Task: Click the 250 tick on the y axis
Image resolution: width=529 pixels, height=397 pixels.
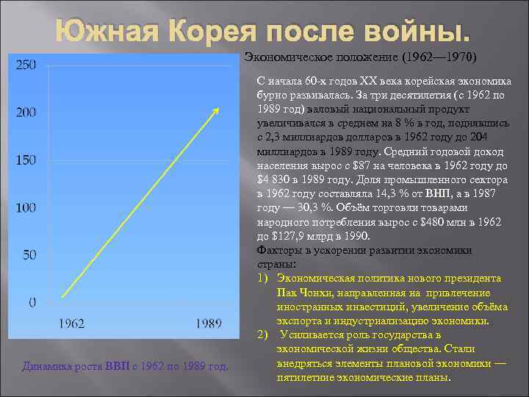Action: (x=26, y=65)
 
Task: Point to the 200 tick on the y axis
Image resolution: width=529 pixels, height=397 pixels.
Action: (x=26, y=112)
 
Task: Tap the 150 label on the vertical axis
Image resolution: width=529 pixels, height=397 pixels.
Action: (x=26, y=160)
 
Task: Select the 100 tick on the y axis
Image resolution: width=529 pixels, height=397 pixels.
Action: (x=26, y=208)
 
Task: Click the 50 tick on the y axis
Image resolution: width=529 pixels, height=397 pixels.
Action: (x=29, y=255)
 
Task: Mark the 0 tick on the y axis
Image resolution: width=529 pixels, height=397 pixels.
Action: (x=32, y=302)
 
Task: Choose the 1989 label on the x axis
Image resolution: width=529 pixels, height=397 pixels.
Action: (x=210, y=323)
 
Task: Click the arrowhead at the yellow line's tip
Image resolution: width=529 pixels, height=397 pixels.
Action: (x=216, y=110)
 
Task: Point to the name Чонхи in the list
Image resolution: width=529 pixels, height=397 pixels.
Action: (x=313, y=293)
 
